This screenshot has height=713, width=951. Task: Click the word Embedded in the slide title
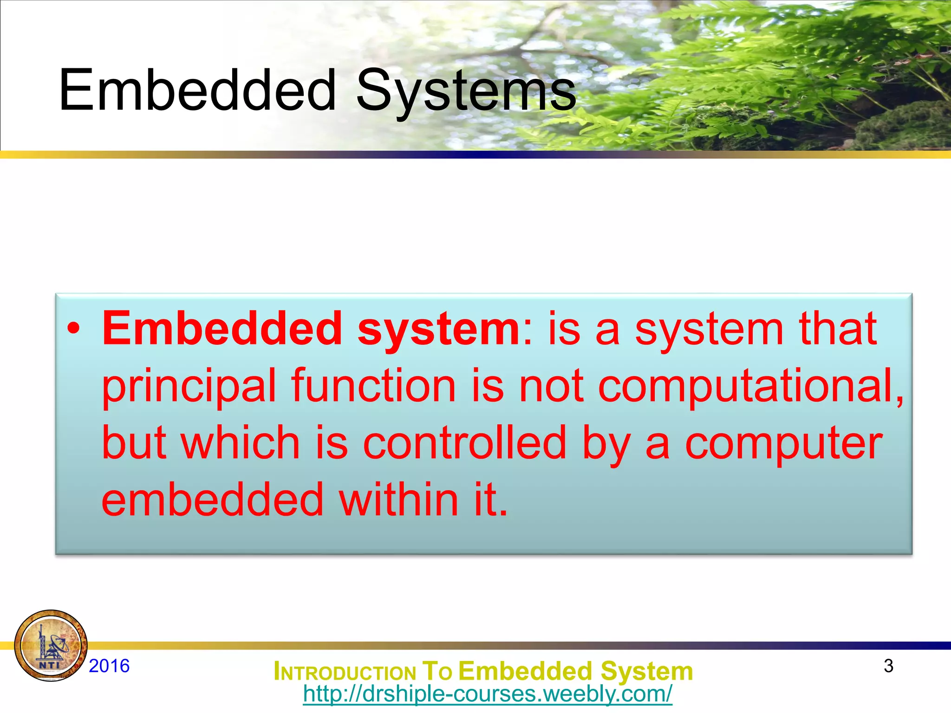coord(197,91)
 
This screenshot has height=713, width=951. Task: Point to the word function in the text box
coord(373,387)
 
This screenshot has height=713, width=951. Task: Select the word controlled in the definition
coord(464,443)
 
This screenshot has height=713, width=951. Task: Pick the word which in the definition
coord(241,443)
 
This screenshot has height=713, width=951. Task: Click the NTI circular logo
coord(51,646)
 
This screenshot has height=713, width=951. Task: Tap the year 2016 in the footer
coord(109,666)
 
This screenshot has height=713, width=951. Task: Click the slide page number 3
coord(888,666)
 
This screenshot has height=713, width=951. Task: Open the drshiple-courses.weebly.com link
coord(487,694)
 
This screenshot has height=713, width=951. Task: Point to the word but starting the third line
coord(134,443)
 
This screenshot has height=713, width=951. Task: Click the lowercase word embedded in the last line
coord(212,500)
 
